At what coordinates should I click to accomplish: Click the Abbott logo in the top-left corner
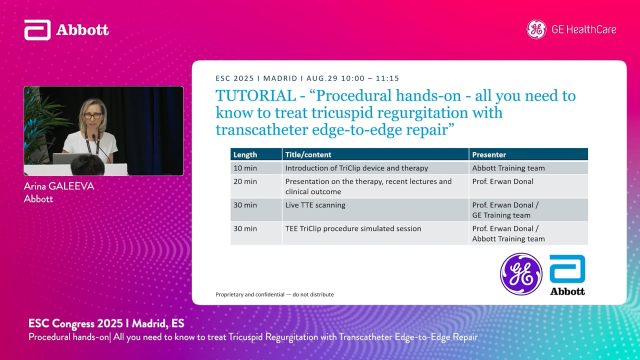coord(66,29)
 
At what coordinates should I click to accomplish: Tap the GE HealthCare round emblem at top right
coord(536,29)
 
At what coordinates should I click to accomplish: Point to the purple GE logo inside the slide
coord(521,274)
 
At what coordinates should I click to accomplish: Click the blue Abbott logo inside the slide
coord(567,275)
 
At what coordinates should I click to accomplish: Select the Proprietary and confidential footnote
coord(274,294)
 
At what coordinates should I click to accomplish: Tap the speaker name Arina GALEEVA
coord(59,186)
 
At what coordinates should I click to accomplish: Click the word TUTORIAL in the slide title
coord(255,95)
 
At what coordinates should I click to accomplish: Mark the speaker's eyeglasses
coord(93,116)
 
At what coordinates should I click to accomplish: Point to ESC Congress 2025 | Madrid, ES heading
coord(106,323)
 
